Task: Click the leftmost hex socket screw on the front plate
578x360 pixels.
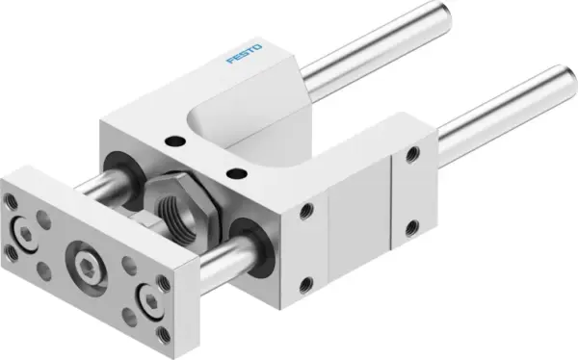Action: pos(21,230)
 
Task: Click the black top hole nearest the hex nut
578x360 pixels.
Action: pos(232,173)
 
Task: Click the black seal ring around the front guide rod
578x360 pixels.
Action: pos(252,234)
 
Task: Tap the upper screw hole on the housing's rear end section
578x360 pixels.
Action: pos(413,153)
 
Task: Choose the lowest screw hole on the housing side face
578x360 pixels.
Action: pos(307,283)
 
